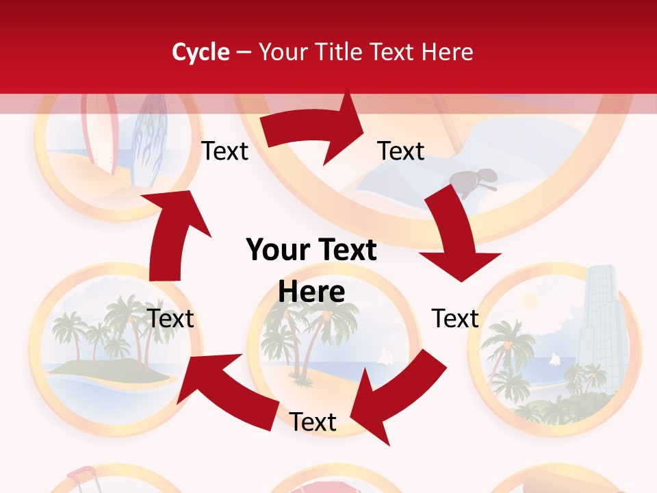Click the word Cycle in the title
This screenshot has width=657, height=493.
point(200,52)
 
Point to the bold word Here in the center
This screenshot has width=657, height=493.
point(311,292)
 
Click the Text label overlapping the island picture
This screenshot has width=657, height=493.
point(171,318)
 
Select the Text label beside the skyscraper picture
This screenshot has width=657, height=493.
point(455,318)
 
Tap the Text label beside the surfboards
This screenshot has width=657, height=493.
point(224,151)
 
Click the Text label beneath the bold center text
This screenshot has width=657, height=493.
point(313,422)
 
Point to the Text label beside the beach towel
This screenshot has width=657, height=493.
point(401,151)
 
